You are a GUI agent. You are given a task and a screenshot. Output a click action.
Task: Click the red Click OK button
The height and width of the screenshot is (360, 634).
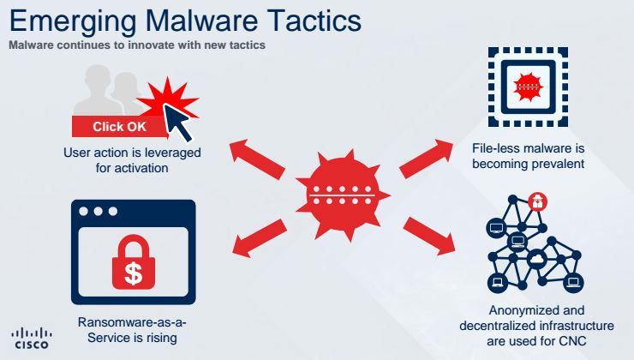point(120,127)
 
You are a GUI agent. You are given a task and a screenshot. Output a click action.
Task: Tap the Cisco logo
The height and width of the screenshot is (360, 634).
point(31,338)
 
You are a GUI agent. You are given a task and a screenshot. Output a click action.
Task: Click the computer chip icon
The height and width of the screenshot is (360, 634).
point(522,82)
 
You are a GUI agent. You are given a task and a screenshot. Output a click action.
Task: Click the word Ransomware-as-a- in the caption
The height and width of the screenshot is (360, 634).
point(133,322)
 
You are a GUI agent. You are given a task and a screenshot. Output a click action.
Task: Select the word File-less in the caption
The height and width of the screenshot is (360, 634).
point(494,147)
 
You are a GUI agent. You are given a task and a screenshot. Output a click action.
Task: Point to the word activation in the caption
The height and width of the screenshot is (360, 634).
point(139,168)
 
